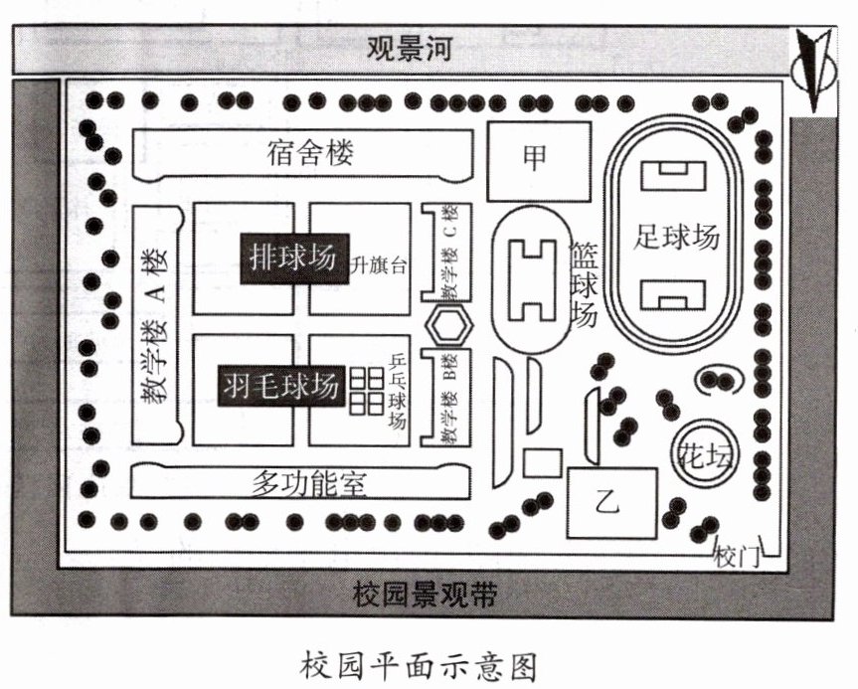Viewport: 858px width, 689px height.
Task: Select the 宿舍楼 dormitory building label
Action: coord(310,153)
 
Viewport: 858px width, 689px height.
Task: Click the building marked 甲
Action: coord(535,157)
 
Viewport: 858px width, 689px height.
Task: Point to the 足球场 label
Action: coord(676,238)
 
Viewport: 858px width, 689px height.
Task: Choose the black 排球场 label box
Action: coord(293,258)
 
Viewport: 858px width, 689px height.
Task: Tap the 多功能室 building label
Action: coord(308,484)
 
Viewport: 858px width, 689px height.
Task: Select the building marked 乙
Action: coord(607,501)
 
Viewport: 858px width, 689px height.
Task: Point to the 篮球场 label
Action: coord(583,284)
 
